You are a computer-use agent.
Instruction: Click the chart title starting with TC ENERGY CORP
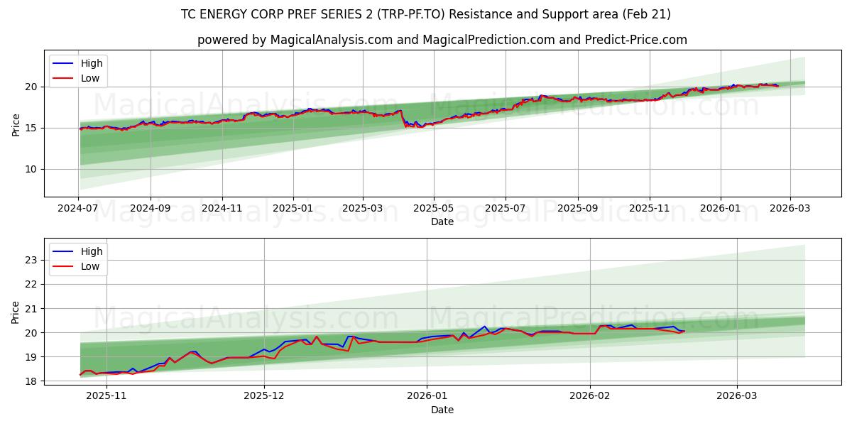pos(426,14)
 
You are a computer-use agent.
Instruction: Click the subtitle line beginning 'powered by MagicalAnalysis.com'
pos(442,40)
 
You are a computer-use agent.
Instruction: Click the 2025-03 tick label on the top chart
pos(363,209)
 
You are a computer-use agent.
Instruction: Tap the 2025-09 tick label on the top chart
pos(577,209)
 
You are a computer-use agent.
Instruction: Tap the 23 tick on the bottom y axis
pos(31,260)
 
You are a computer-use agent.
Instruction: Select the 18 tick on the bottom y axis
pos(31,381)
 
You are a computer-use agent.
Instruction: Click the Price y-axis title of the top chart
pos(16,124)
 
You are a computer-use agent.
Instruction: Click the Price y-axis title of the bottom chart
pos(16,312)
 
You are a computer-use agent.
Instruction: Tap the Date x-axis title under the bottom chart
pos(442,410)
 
